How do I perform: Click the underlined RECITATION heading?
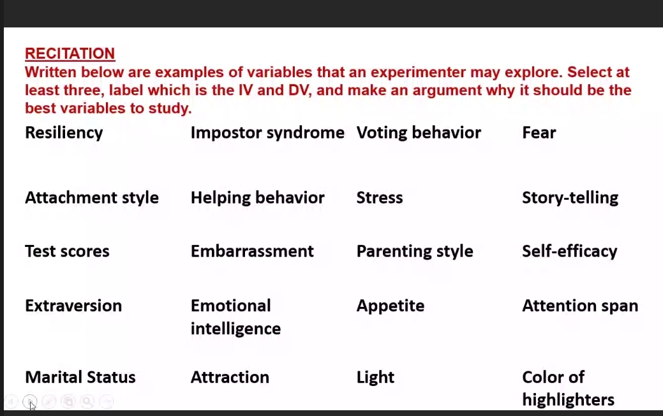pyautogui.click(x=70, y=54)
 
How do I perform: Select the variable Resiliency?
pyautogui.click(x=64, y=133)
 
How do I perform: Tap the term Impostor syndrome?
pyautogui.click(x=267, y=133)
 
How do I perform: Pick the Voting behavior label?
pyautogui.click(x=419, y=133)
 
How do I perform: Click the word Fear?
pyautogui.click(x=539, y=133)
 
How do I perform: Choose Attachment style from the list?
pyautogui.click(x=92, y=198)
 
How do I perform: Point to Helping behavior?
pyautogui.click(x=257, y=198)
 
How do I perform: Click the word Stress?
pyautogui.click(x=379, y=198)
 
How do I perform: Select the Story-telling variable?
pyautogui.click(x=570, y=198)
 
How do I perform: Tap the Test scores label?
pyautogui.click(x=67, y=251)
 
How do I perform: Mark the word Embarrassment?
pyautogui.click(x=252, y=251)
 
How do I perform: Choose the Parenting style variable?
pyautogui.click(x=415, y=251)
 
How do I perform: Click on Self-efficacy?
pyautogui.click(x=569, y=251)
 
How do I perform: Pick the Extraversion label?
pyautogui.click(x=73, y=306)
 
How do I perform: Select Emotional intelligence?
pyautogui.click(x=235, y=317)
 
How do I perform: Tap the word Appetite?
pyautogui.click(x=390, y=306)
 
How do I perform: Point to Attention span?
pyautogui.click(x=580, y=306)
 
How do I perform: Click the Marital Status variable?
pyautogui.click(x=80, y=377)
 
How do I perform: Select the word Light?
pyautogui.click(x=375, y=377)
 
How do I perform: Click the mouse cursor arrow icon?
pyautogui.click(x=32, y=406)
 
